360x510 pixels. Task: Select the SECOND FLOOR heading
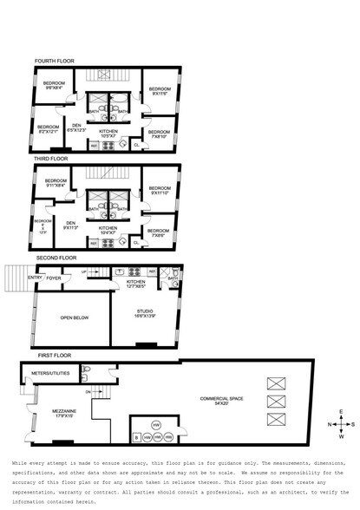[x=56, y=258]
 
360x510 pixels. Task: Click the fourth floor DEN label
[x=76, y=127]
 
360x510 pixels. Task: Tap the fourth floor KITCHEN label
[x=108, y=133]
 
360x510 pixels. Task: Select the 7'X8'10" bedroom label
[x=159, y=133]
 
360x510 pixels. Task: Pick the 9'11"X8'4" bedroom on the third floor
[x=56, y=182]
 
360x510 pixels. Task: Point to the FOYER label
[x=54, y=278]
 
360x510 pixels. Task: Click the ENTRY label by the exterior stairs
[x=34, y=278]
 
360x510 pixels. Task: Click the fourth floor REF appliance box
[x=95, y=145]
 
